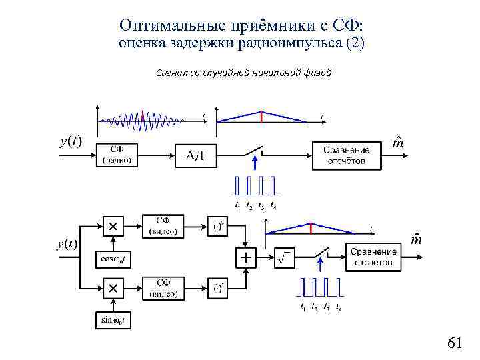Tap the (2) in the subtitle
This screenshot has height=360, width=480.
tap(353, 43)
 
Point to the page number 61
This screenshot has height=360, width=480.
tap(455, 343)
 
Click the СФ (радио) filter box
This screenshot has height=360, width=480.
tap(117, 155)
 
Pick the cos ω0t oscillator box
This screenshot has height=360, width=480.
tap(113, 259)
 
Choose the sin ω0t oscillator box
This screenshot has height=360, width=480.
tap(113, 320)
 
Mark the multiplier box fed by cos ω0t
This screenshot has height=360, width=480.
tap(113, 227)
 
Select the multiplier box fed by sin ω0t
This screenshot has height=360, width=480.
tap(113, 289)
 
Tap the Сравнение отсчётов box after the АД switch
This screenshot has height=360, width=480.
tap(347, 155)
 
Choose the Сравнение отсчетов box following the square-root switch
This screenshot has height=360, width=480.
tap(374, 257)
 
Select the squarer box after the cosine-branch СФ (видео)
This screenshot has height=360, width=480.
tap(217, 226)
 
